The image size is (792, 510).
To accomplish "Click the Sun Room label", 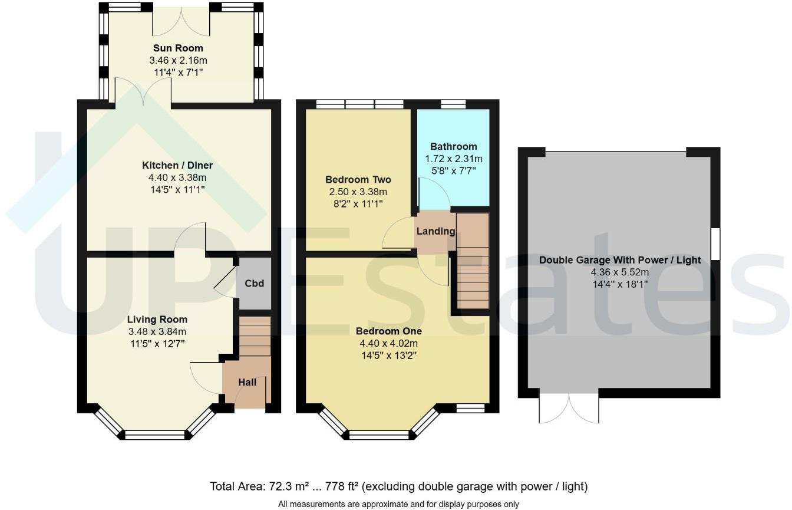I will point(178,48).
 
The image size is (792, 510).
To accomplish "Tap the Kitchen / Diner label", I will point(177,165).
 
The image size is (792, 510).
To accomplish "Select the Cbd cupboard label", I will point(254,284).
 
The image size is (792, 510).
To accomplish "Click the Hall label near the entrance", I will point(247,383).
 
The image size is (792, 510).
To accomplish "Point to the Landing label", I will point(435,231).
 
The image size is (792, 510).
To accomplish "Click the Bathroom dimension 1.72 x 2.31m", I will point(453,159).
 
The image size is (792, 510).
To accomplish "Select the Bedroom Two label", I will point(358,180).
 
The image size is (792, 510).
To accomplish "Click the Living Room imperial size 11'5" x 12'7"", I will point(157,343).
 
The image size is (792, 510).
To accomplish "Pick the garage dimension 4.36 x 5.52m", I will point(620,272).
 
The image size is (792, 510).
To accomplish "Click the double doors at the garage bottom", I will point(569,407).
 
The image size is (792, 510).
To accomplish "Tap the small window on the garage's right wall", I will point(715,244).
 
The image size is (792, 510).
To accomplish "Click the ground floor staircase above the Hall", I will point(255,336).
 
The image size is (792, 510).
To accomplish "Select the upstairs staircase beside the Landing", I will point(473,262).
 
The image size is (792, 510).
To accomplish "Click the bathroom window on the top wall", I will point(453,104).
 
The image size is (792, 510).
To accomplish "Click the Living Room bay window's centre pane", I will point(155,435).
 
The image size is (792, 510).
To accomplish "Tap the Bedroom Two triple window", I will point(359,104).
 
